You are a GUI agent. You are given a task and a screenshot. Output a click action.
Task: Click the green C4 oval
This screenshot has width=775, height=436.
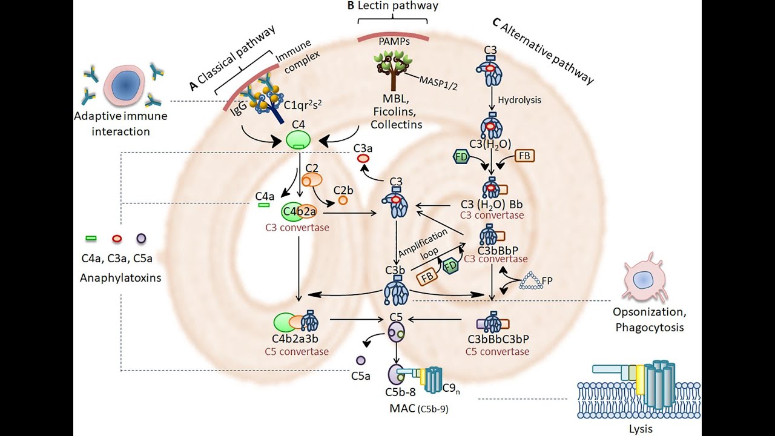point(298,140)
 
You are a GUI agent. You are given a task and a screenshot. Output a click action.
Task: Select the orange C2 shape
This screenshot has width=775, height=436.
point(312,180)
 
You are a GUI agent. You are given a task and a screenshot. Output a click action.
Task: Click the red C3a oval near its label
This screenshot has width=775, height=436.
point(363,158)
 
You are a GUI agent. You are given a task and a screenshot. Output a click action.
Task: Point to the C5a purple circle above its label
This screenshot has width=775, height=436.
point(361,361)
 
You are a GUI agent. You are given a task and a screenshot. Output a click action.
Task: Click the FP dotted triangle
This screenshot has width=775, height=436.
point(531,280)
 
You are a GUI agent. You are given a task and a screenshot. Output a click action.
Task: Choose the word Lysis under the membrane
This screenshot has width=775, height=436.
point(641,429)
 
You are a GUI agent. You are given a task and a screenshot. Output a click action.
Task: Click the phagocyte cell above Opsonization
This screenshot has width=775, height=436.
point(643,278)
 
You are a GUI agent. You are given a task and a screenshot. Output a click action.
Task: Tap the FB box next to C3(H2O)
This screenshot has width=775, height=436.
point(524,156)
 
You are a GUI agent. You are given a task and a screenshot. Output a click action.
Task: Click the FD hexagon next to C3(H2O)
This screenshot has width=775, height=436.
point(462,157)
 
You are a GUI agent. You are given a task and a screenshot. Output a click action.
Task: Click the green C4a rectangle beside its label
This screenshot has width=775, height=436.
point(264,206)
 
